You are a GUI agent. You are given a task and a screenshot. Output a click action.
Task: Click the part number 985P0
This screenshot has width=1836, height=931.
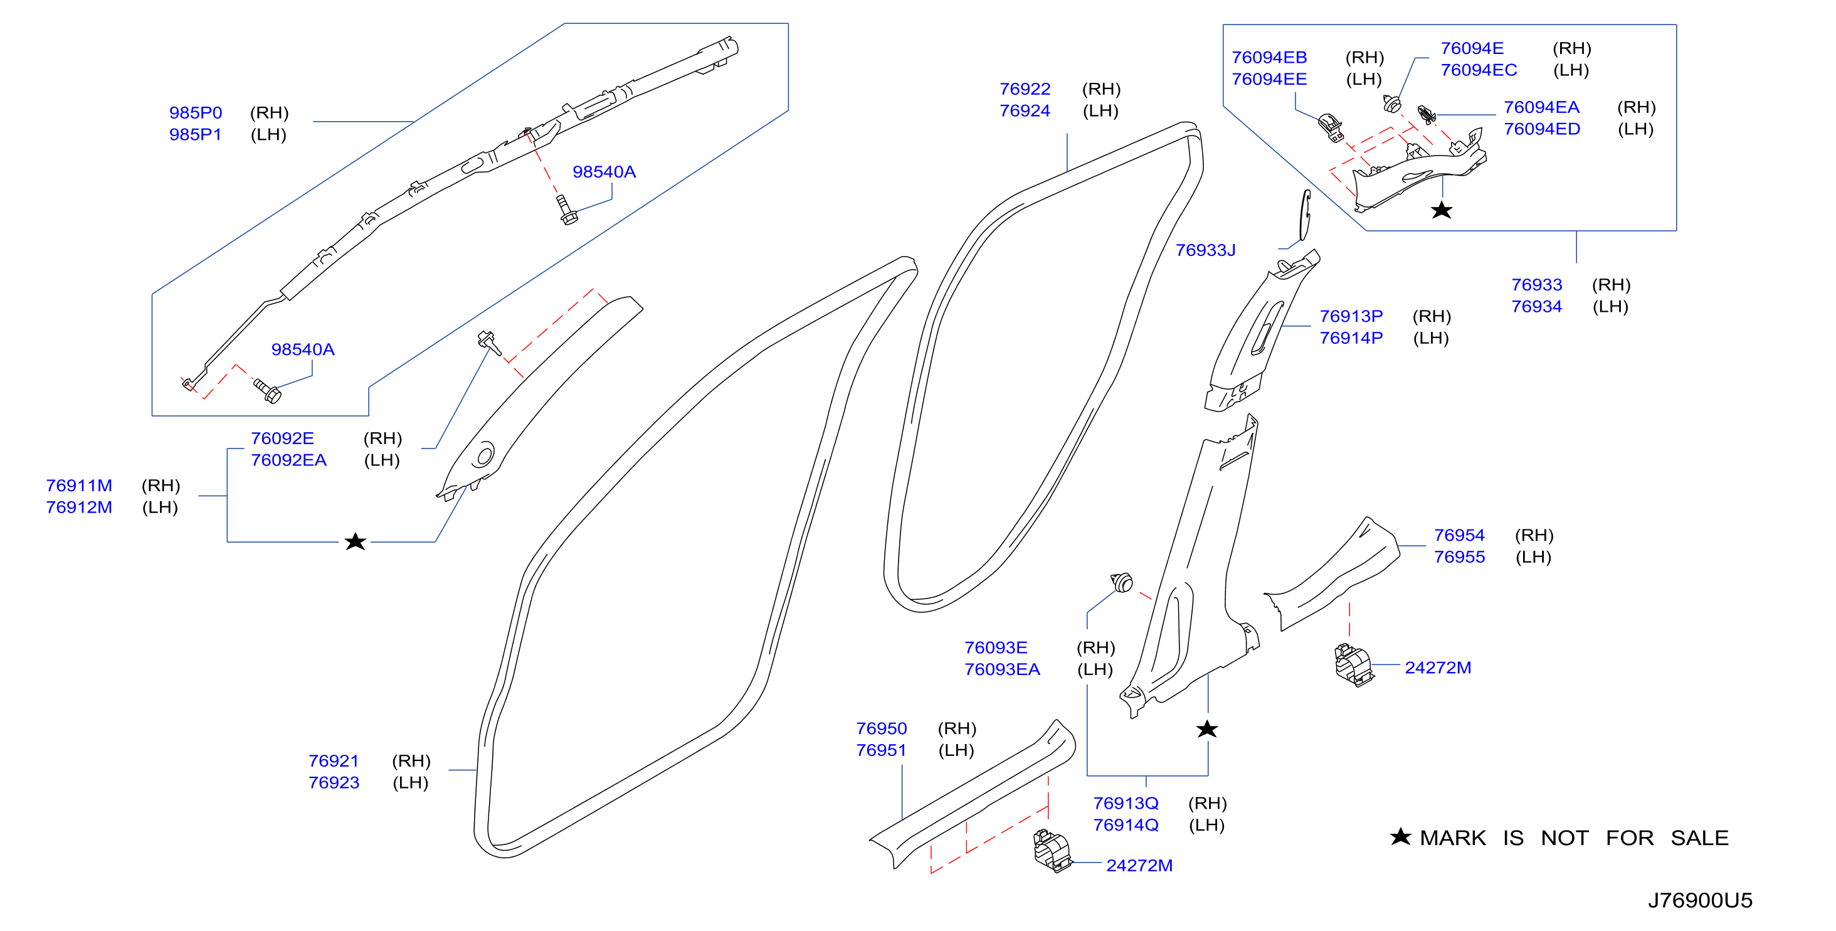tap(195, 113)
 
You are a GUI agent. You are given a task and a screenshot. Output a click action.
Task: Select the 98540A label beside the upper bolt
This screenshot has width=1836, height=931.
tap(604, 172)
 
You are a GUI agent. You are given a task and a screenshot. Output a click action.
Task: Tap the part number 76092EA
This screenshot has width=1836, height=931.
tap(288, 460)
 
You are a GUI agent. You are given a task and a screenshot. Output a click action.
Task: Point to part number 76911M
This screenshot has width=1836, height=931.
tap(79, 486)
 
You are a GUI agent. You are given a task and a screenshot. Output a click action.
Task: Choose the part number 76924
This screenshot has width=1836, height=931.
tap(1025, 110)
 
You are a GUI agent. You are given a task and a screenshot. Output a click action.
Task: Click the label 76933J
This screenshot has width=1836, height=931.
tap(1205, 250)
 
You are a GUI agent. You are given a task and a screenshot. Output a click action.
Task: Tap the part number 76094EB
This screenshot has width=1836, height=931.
tap(1269, 57)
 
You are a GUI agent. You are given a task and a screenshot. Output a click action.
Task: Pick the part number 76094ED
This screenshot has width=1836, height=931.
tap(1542, 129)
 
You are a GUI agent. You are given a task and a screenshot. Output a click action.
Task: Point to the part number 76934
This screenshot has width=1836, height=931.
tap(1537, 307)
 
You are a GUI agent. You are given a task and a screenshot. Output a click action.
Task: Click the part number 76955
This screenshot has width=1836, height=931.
tap(1459, 556)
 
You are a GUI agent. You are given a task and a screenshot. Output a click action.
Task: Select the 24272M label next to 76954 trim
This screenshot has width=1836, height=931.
tap(1438, 668)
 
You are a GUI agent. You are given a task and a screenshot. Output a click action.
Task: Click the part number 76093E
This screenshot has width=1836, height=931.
tap(996, 647)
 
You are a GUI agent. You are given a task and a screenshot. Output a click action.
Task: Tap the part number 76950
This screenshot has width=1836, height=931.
tap(881, 728)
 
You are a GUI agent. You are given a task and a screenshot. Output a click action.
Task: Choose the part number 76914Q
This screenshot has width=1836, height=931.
tap(1126, 825)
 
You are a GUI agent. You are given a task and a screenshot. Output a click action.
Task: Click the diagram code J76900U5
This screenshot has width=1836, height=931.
tap(1700, 900)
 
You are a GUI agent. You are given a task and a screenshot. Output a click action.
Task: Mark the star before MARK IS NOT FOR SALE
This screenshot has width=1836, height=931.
tap(1401, 836)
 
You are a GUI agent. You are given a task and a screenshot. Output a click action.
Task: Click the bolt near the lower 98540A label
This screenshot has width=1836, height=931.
tap(268, 390)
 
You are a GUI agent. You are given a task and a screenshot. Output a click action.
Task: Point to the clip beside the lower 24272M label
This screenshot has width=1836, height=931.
tap(1052, 851)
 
